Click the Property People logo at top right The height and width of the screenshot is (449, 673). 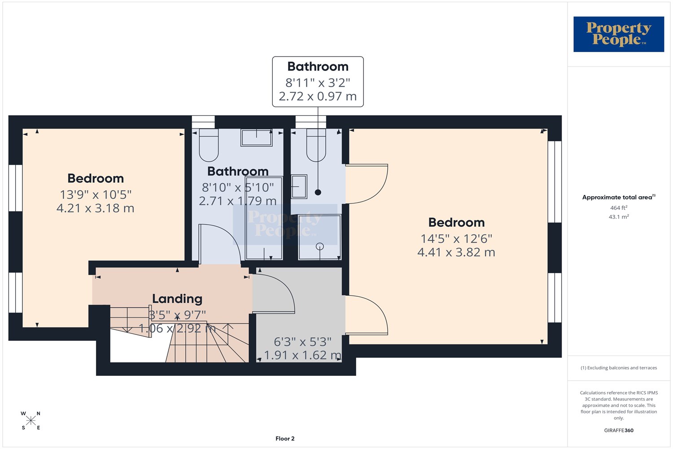click(x=619, y=34)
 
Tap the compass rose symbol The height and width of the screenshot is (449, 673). click(x=31, y=420)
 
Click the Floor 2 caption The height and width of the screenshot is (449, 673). click(x=285, y=439)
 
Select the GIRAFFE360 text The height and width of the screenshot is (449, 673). click(x=619, y=430)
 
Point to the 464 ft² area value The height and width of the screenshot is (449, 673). click(x=619, y=207)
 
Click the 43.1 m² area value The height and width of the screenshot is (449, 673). click(x=619, y=216)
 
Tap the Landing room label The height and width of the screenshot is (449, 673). click(x=177, y=299)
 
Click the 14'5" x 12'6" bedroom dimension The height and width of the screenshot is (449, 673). click(x=456, y=239)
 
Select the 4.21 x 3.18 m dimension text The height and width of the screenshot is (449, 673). click(x=95, y=208)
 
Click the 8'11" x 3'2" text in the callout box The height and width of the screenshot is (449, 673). click(x=318, y=83)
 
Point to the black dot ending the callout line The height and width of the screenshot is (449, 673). click(x=318, y=192)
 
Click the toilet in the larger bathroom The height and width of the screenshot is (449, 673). click(x=209, y=145)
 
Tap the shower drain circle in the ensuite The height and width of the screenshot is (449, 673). click(x=319, y=247)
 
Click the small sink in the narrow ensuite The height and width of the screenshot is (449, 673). click(x=299, y=187)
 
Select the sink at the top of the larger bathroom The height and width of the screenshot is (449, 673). click(x=256, y=138)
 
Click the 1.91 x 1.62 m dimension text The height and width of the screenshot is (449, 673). click(x=302, y=355)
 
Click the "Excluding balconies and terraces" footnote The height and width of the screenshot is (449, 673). click(x=619, y=368)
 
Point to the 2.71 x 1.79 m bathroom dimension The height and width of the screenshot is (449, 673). click(x=238, y=201)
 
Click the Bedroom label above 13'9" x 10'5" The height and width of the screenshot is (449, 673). click(x=96, y=178)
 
